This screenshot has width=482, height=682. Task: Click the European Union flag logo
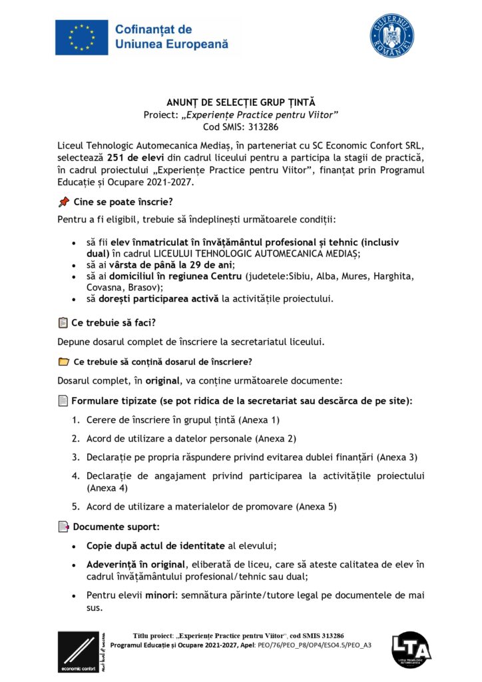[x=82, y=37]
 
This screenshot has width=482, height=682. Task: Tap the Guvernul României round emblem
[x=391, y=36]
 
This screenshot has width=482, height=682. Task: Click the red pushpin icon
[x=64, y=201]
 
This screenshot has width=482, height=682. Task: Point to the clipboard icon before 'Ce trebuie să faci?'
[x=63, y=323]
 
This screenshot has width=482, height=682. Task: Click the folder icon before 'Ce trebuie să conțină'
[x=63, y=362]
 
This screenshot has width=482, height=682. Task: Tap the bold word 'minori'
[x=159, y=595]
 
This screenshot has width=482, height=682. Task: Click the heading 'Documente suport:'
[x=116, y=527]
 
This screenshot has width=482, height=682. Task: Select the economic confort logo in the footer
[x=79, y=651]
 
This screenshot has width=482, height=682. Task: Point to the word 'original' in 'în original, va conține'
[x=159, y=381]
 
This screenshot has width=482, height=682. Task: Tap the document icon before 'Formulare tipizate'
[x=63, y=401]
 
